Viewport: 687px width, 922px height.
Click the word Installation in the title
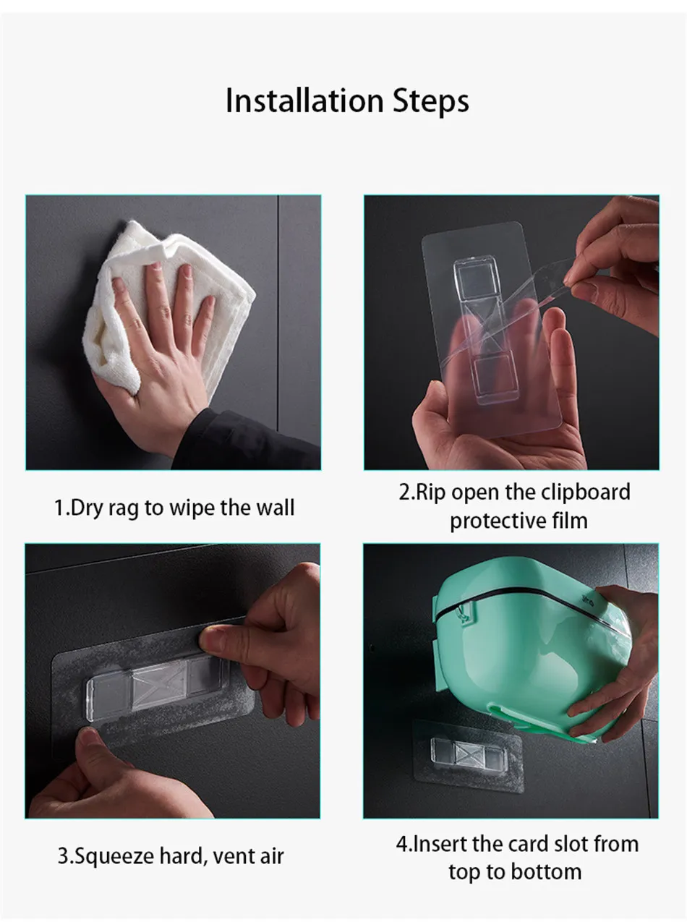[x=304, y=101]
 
